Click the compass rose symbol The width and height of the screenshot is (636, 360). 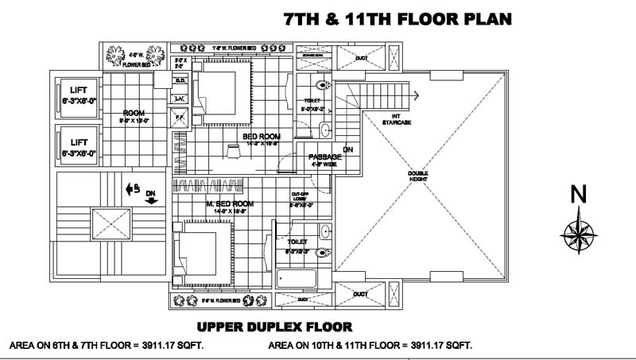coord(579,231)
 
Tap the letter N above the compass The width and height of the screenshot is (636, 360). coord(580,194)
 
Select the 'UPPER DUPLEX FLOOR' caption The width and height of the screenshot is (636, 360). coord(273,327)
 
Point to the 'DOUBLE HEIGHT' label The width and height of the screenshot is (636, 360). coord(418,176)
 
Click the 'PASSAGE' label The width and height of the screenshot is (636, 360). coord(324,157)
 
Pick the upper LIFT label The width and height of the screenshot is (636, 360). coord(78,91)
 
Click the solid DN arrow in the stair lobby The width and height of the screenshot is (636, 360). coord(151,200)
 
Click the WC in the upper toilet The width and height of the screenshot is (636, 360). coord(323,83)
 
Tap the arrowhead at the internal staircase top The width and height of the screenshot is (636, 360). coord(416,95)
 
